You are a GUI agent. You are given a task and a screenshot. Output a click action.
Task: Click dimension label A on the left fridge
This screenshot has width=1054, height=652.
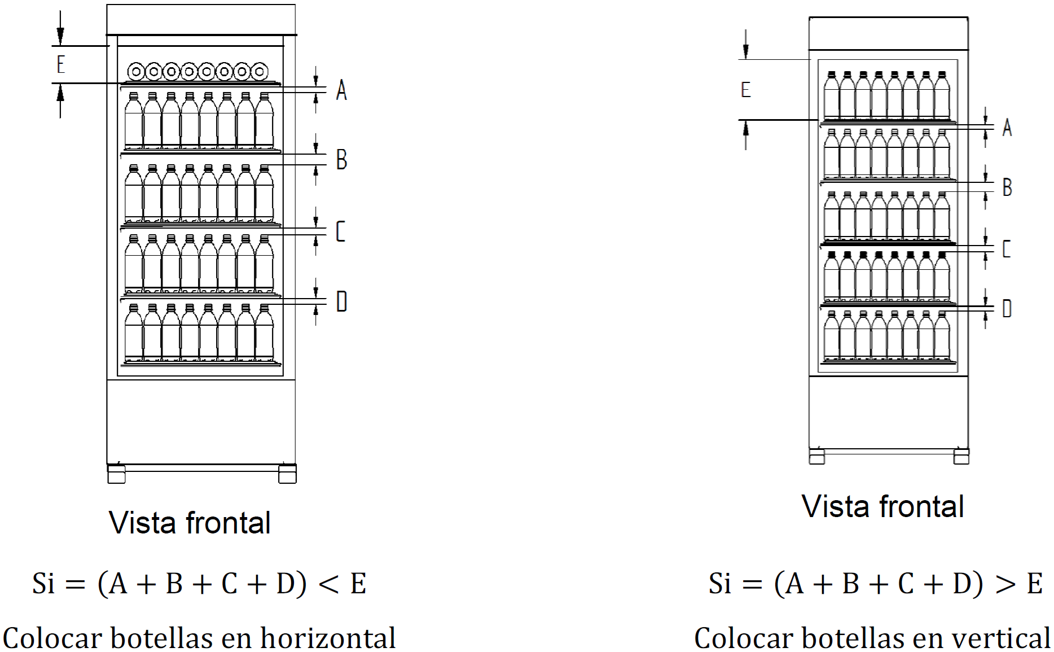point(341,90)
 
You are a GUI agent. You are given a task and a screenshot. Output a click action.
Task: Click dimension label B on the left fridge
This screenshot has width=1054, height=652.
point(341,159)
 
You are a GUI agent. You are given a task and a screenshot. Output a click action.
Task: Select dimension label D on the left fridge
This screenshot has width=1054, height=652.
point(341,301)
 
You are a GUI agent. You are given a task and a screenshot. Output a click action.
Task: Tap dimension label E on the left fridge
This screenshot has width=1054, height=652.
point(61,64)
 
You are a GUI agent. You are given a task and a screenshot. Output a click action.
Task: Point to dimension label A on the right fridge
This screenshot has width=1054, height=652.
point(1007,128)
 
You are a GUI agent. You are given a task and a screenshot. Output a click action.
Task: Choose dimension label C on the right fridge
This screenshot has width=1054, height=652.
point(1007,249)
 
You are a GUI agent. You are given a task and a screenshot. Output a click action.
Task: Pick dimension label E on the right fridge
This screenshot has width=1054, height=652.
point(745,90)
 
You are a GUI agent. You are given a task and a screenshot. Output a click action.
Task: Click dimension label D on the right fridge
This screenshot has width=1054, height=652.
point(1007,308)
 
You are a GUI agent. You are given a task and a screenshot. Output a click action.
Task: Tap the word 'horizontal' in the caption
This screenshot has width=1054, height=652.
point(328,638)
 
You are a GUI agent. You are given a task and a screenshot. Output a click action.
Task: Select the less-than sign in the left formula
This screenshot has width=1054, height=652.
point(328,584)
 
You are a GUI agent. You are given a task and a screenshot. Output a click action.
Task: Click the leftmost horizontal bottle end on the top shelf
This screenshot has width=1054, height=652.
point(136,72)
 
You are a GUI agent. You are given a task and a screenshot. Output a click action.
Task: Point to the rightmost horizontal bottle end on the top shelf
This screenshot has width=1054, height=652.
point(260,72)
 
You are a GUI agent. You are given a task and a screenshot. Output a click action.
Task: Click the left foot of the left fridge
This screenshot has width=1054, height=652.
point(116,474)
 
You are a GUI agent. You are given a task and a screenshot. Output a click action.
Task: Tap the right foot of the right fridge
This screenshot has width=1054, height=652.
point(961,456)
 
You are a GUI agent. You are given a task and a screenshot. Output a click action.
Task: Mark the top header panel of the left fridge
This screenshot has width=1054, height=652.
point(201,20)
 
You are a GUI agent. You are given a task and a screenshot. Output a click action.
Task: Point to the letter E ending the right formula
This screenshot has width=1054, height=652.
point(1035,584)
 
